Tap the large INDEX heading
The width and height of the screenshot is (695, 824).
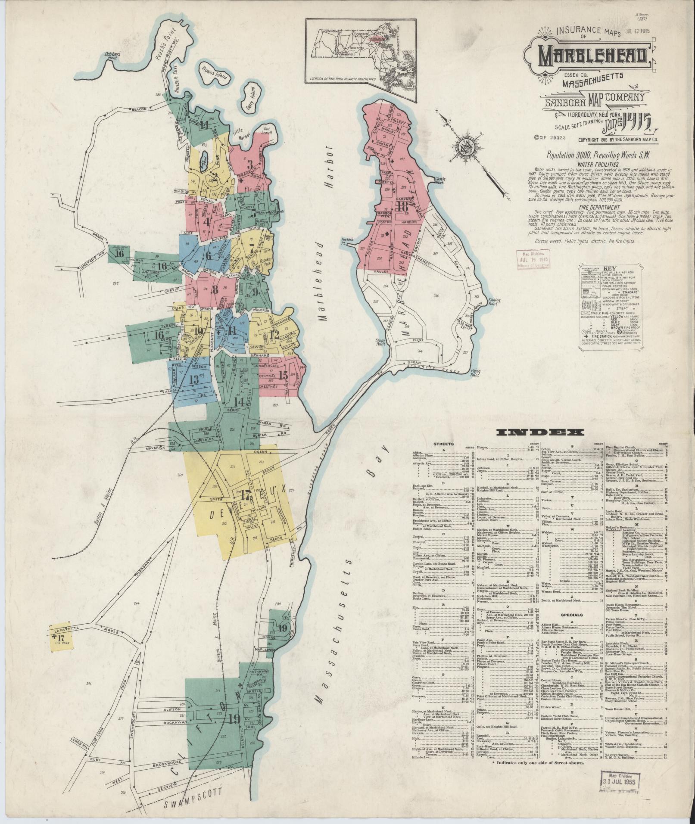point(539,432)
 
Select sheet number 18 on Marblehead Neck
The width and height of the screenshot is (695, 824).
point(403,207)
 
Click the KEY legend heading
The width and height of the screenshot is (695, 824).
point(617,267)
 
